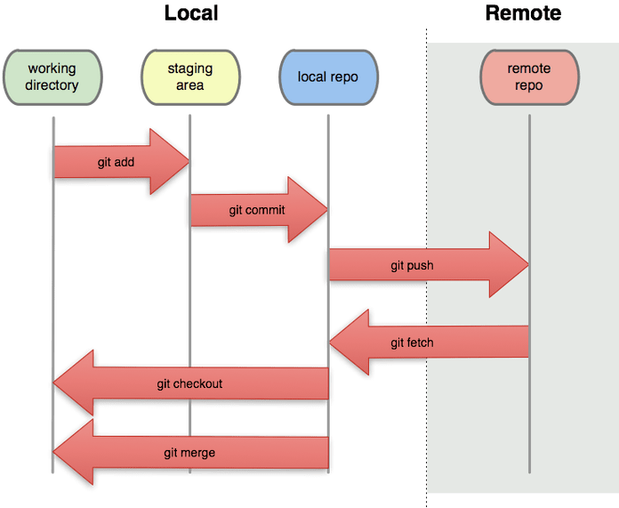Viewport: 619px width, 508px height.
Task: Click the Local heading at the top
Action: click(x=191, y=13)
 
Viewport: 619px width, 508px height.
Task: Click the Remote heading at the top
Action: click(x=523, y=13)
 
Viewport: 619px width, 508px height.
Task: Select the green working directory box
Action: click(x=52, y=77)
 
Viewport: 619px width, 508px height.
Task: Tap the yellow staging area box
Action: click(x=189, y=77)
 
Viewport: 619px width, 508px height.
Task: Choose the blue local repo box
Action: click(x=327, y=77)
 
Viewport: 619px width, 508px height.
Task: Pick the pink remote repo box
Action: click(x=528, y=77)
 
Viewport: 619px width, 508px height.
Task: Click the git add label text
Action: click(x=116, y=163)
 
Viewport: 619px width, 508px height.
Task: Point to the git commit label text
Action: click(x=257, y=210)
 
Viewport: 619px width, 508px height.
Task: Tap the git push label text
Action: click(x=412, y=265)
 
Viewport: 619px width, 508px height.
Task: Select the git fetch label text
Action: click(x=412, y=342)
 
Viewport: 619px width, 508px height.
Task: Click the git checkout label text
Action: click(x=189, y=383)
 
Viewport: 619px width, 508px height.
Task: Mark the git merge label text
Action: click(x=189, y=453)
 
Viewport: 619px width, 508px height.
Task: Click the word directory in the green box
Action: click(x=52, y=85)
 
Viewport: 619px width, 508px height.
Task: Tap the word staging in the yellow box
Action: click(x=189, y=69)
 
